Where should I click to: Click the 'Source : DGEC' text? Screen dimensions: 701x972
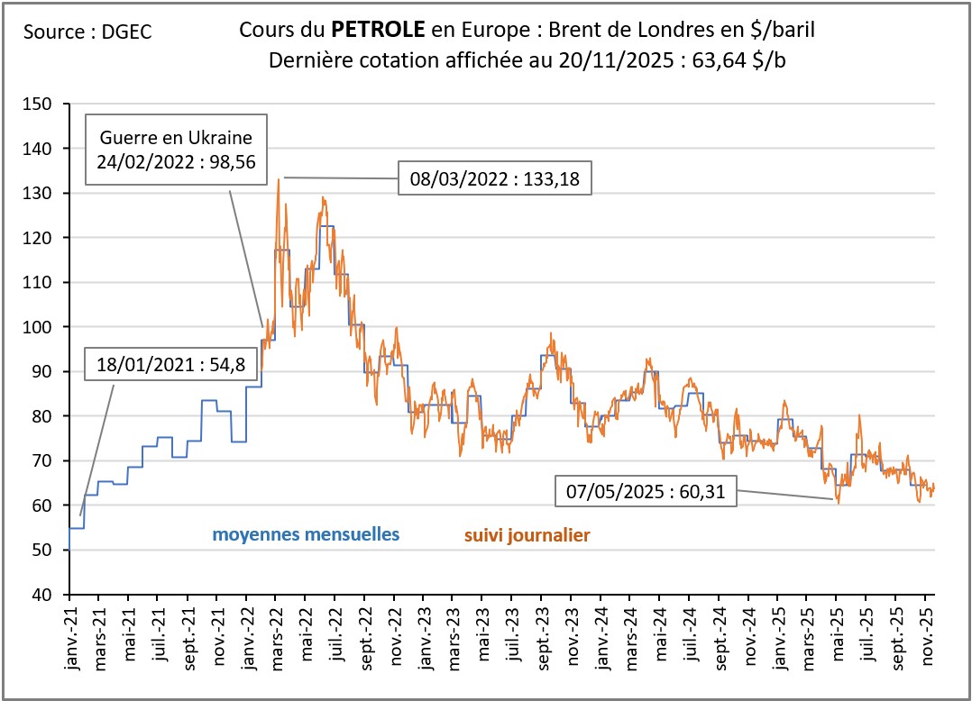pos(87,32)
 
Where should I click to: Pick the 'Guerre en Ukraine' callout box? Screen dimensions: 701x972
pos(177,150)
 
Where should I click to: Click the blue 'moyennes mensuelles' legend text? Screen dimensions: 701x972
pos(306,534)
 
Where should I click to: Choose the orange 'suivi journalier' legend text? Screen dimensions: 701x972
pos(527,535)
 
